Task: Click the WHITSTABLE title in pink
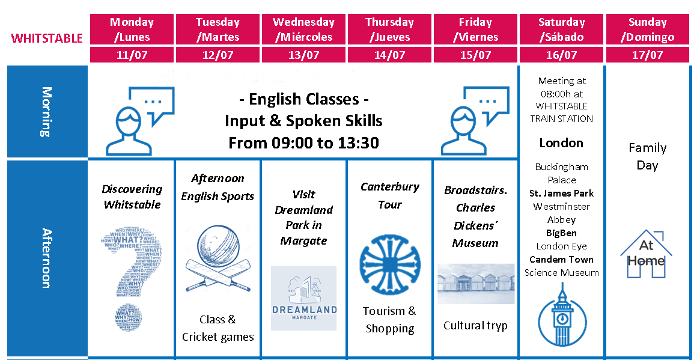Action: click(x=47, y=38)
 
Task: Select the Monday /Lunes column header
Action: click(x=132, y=29)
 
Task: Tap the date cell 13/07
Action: click(x=303, y=55)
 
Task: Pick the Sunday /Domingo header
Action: click(x=647, y=29)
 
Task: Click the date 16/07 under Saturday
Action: click(x=561, y=55)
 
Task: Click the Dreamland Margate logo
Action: click(x=303, y=298)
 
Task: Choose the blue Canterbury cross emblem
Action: click(x=389, y=262)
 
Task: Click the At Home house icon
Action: click(x=647, y=254)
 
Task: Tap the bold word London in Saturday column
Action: click(x=561, y=143)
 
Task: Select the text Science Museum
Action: click(x=561, y=273)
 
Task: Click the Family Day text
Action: click(x=647, y=156)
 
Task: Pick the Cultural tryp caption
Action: click(x=475, y=326)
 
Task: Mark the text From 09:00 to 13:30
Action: click(x=303, y=143)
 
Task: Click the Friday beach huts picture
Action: click(x=475, y=284)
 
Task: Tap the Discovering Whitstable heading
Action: click(x=132, y=197)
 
